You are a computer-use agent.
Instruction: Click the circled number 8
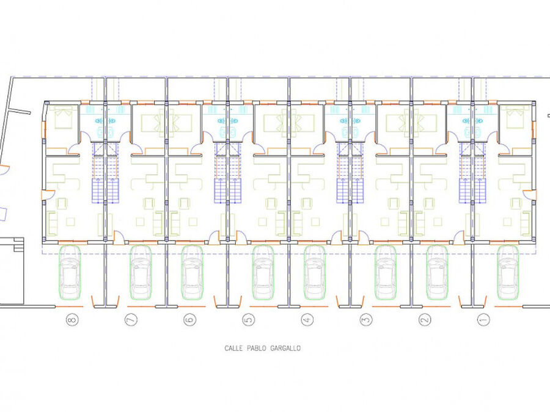click(72, 319)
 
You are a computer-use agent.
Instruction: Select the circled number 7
click(131, 319)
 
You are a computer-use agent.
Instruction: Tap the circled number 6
click(190, 319)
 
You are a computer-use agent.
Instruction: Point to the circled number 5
click(249, 319)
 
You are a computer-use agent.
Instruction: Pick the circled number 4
click(307, 319)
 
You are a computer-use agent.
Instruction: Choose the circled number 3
click(366, 319)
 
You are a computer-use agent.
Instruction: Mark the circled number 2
click(425, 319)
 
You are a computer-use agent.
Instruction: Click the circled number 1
click(484, 319)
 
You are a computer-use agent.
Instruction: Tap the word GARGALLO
click(285, 349)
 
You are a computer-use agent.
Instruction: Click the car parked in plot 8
click(70, 273)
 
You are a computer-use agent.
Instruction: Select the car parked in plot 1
click(508, 273)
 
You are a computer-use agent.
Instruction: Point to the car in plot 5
click(263, 273)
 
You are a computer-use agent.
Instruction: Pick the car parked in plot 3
click(386, 273)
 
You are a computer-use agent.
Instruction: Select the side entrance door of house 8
click(48, 195)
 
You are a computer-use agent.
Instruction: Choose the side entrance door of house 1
click(529, 195)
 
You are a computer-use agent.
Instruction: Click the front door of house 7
click(119, 237)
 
